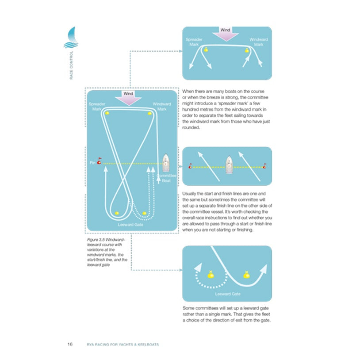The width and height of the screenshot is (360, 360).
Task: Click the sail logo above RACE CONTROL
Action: [71, 38]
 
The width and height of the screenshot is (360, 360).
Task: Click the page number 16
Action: [70, 344]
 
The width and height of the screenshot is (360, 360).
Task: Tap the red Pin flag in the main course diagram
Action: [100, 162]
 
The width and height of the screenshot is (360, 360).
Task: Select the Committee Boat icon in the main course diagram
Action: [166, 163]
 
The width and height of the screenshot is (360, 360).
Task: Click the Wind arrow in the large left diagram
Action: [128, 98]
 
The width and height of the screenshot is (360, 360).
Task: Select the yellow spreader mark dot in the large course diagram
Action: [107, 113]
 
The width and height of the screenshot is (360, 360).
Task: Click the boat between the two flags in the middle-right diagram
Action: [229, 164]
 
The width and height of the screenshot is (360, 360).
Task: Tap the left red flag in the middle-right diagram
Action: [190, 167]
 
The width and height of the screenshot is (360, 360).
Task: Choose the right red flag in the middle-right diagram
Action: [264, 167]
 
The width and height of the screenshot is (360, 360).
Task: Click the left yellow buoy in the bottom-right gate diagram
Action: [211, 275]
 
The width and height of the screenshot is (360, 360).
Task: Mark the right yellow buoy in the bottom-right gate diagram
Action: [246, 275]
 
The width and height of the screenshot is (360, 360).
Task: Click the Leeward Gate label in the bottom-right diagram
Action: [227, 294]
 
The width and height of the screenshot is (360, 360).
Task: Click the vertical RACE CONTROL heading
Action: [72, 66]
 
